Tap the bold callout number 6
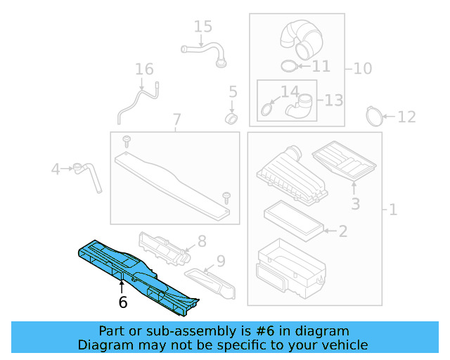coord(123,303)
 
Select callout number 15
coord(202,27)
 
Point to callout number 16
coord(144,69)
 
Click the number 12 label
coord(406,117)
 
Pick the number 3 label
coord(355,204)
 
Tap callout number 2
coord(342,231)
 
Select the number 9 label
coord(220,262)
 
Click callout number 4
coord(56,169)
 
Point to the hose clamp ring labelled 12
coord(377,114)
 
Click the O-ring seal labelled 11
coord(288,66)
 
